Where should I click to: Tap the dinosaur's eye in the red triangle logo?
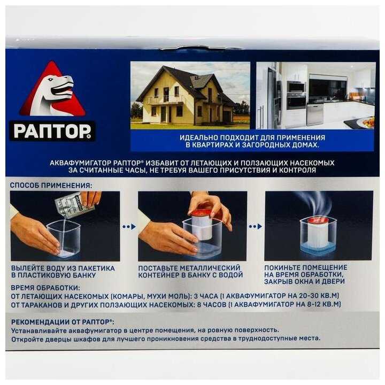(51, 79)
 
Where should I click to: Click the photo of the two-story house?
(190, 95)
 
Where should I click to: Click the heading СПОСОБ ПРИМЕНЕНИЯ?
(51, 186)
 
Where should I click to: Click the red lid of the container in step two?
(202, 212)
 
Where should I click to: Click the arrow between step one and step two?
(129, 227)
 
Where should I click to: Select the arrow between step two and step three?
(256, 226)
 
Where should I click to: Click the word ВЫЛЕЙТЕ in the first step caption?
(28, 268)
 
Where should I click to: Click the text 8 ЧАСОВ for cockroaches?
(211, 305)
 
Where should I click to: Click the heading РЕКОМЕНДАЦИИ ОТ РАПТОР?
(63, 322)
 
